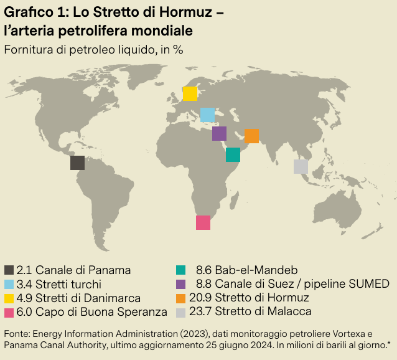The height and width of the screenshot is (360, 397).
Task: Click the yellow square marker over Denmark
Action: [190, 93]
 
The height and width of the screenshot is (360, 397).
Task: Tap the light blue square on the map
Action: [207, 115]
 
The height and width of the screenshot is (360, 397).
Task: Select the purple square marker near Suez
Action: [219, 133]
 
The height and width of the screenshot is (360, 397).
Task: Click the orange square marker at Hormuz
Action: [251, 136]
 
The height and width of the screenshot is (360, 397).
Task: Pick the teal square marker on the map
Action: [233, 154]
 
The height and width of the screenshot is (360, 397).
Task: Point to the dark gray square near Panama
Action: [77, 163]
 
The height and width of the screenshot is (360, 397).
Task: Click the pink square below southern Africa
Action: [203, 222]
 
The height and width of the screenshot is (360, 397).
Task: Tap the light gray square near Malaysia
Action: [301, 166]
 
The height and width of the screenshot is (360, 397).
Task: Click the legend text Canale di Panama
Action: [83, 270]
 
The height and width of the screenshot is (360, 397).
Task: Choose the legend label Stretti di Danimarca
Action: [88, 298]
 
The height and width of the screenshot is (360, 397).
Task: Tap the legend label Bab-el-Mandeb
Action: [256, 270]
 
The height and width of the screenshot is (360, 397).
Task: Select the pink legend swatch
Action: [9, 311]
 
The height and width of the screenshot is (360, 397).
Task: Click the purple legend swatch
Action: [181, 284]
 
